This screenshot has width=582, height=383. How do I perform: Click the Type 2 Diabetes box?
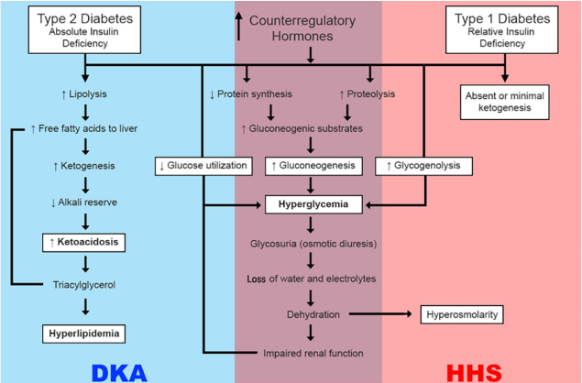click(x=83, y=28)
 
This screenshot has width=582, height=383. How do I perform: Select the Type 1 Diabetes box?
click(x=504, y=28)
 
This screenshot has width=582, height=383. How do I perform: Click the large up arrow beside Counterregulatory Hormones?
click(x=239, y=25)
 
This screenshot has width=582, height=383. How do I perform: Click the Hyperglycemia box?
click(x=312, y=203)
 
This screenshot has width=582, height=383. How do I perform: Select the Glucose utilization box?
click(x=203, y=166)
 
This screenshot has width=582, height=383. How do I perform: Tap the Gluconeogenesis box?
click(x=312, y=166)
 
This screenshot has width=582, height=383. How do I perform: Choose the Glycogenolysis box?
click(x=424, y=166)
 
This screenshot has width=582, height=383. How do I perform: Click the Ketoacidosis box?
click(x=83, y=242)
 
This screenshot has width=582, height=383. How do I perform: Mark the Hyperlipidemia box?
click(x=83, y=333)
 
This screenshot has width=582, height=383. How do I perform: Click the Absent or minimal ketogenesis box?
click(x=504, y=102)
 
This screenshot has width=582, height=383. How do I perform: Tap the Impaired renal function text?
click(x=312, y=353)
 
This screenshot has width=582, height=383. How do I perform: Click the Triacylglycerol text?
click(x=83, y=285)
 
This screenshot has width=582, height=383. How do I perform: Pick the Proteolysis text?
click(x=369, y=93)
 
